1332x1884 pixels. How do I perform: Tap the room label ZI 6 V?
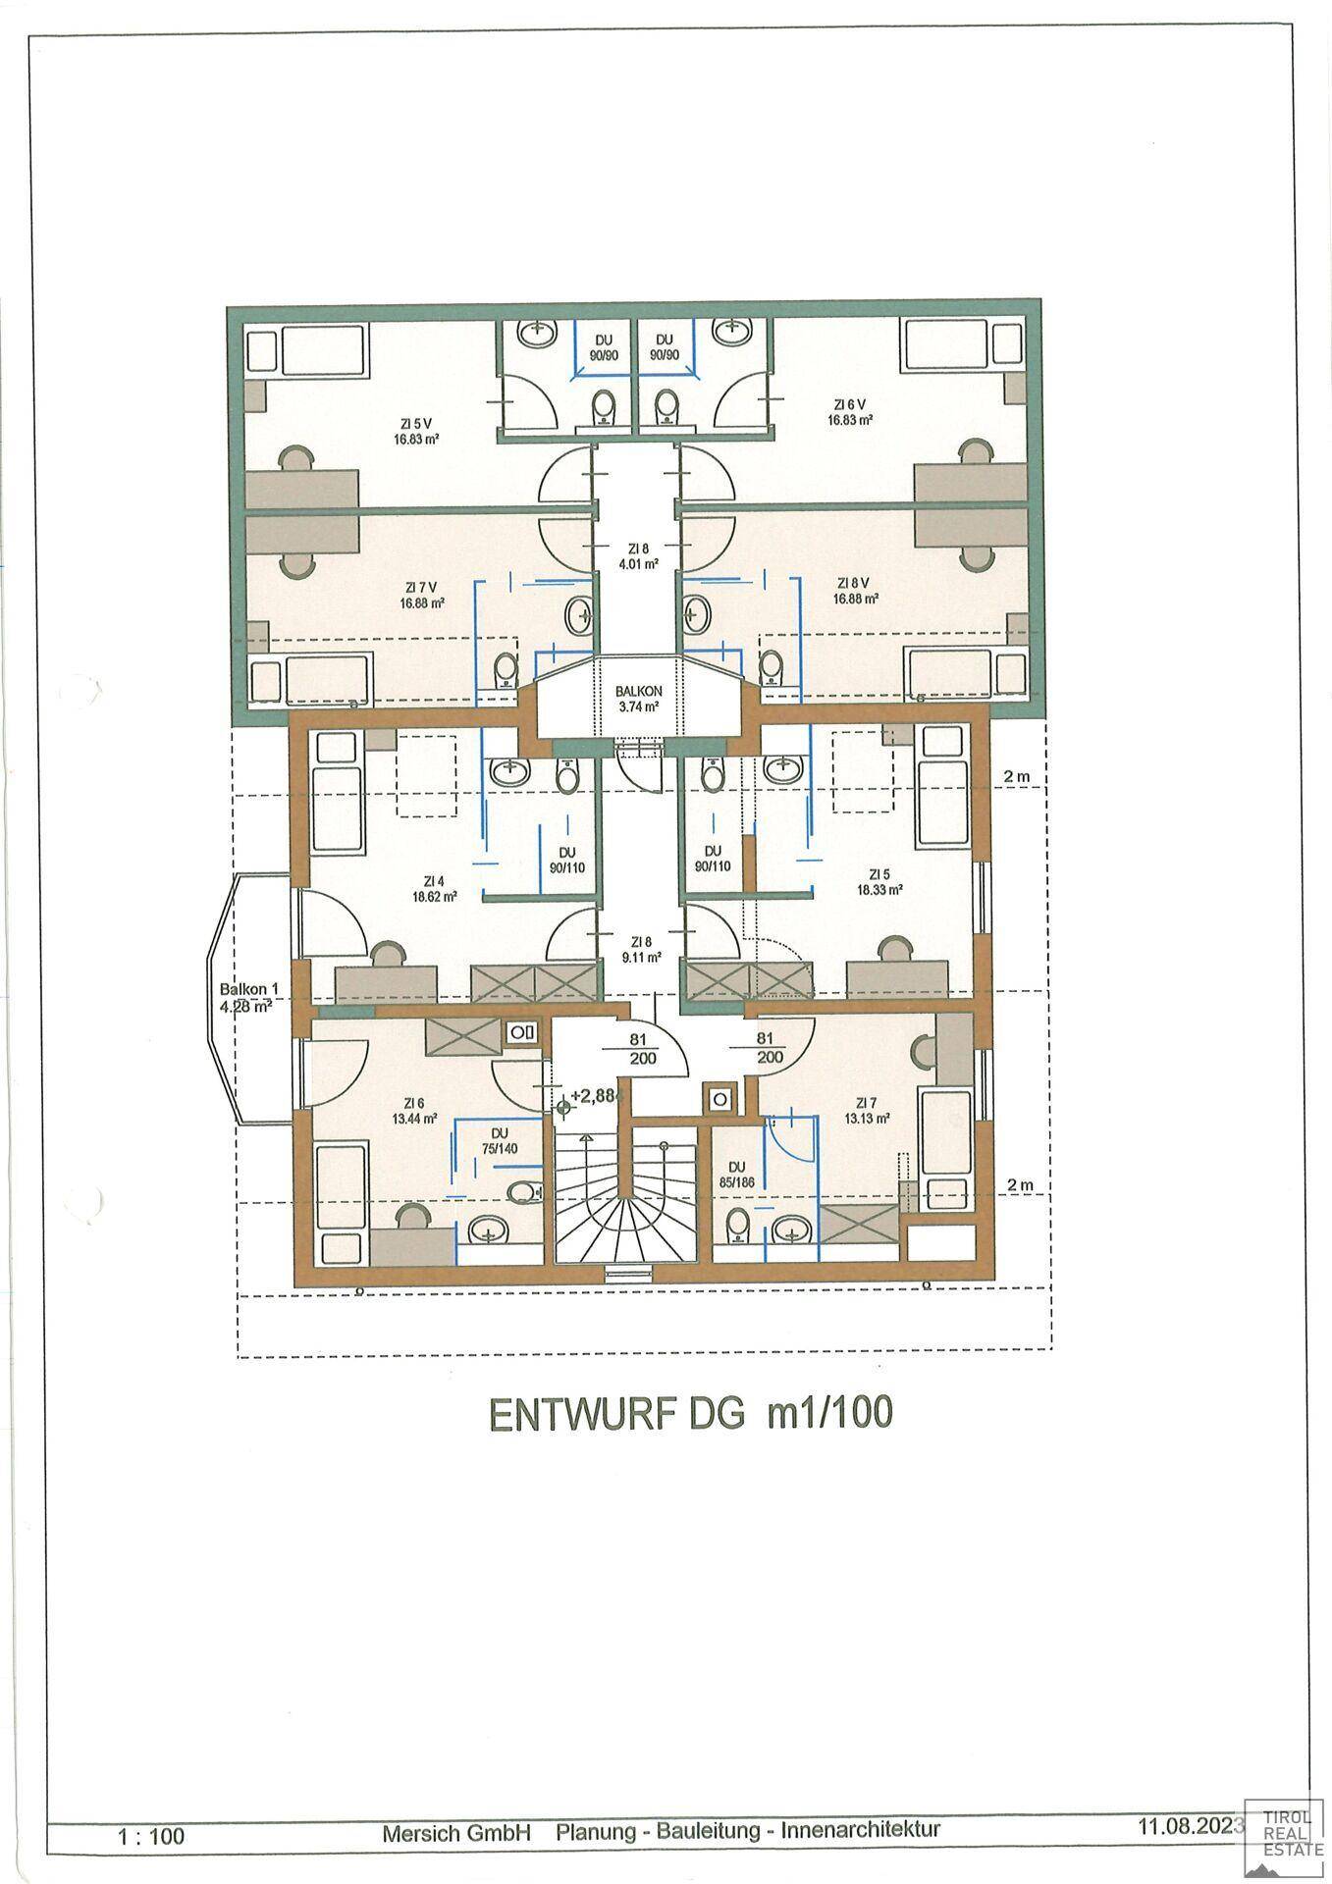[x=850, y=404]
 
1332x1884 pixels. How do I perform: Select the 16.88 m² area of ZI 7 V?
[x=422, y=603]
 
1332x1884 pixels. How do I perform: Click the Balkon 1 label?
[x=237, y=989]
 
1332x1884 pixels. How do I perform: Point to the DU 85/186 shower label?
[x=734, y=1175]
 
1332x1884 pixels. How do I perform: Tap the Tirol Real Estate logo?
[x=1281, y=1826]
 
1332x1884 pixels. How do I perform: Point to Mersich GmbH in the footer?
[x=456, y=1832]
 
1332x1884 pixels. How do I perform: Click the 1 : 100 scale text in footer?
[x=150, y=1835]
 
